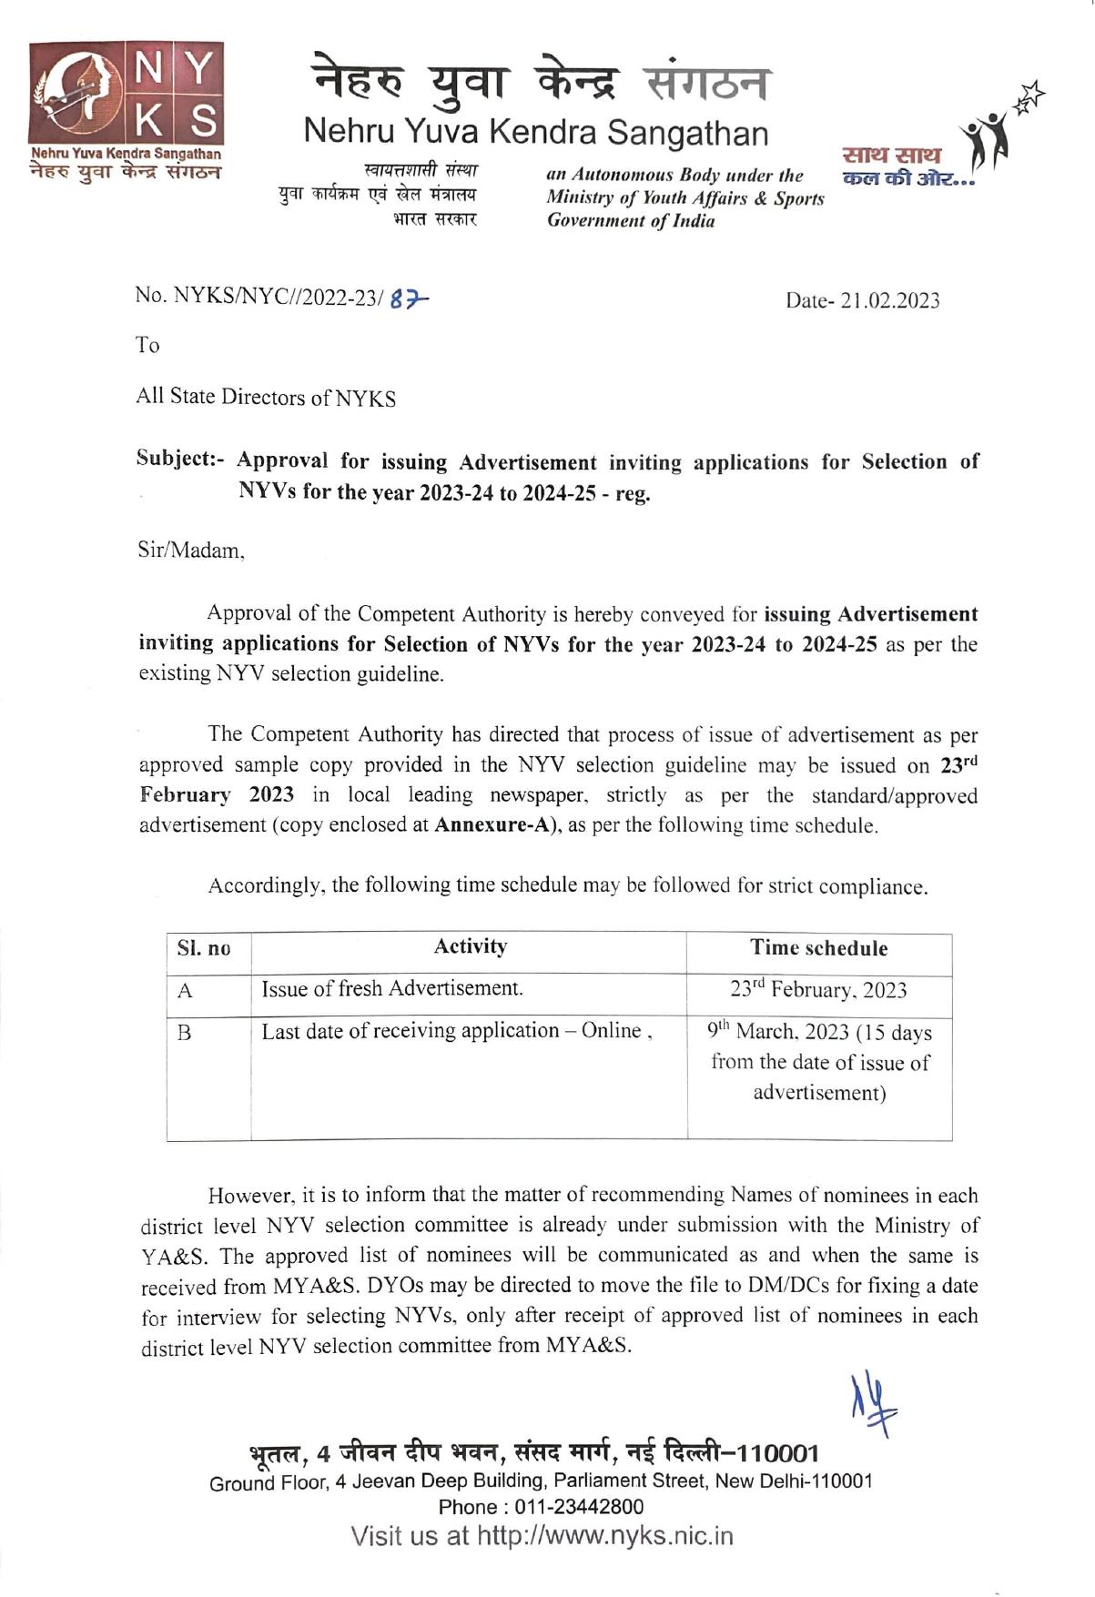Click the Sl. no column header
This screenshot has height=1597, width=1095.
(x=204, y=948)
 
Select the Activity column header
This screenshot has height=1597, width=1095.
(x=470, y=946)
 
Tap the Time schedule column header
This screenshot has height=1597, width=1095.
(x=818, y=948)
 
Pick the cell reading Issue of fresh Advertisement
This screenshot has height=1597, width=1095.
(x=392, y=989)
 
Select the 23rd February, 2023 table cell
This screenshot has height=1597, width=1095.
(x=818, y=990)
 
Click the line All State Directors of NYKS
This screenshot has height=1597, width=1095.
(x=266, y=398)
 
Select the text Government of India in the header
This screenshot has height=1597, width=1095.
(x=631, y=221)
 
